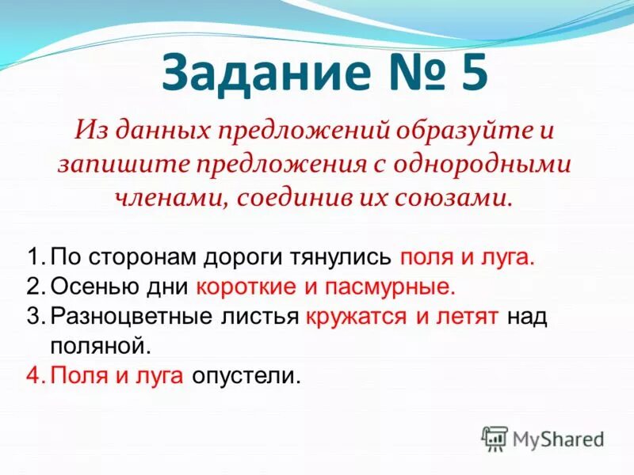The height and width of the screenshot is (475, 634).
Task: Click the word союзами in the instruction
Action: [x=453, y=196]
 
